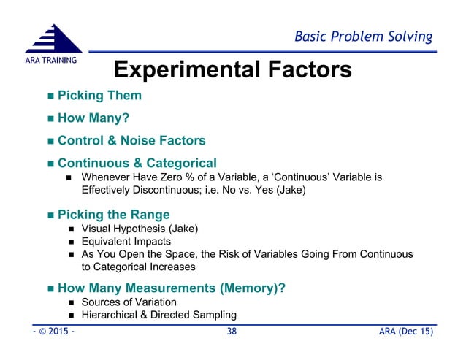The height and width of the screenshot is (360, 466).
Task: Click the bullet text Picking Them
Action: tap(99, 96)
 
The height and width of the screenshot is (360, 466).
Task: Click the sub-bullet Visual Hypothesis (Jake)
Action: tap(140, 229)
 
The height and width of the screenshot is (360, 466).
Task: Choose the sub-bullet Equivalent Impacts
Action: tap(126, 241)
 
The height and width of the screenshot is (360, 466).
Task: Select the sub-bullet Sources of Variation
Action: tap(129, 302)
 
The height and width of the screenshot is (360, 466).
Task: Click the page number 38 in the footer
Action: tap(232, 333)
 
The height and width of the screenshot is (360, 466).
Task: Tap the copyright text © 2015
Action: tap(48, 333)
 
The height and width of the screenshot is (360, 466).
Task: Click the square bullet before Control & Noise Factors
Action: tap(49, 141)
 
